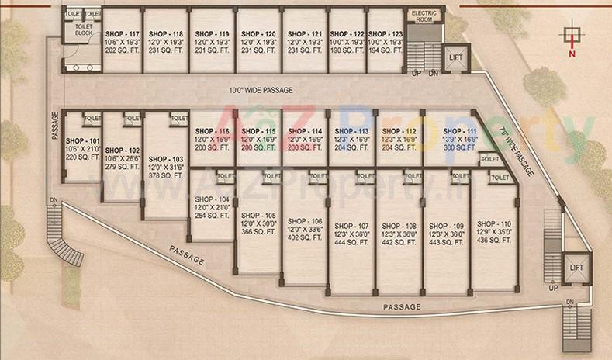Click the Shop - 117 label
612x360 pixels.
(122, 35)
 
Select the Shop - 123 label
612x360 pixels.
(386, 35)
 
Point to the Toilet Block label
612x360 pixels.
(83, 29)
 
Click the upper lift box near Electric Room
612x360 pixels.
(455, 57)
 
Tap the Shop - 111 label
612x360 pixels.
(460, 131)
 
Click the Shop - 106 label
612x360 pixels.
(304, 221)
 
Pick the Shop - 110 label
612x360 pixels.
(494, 223)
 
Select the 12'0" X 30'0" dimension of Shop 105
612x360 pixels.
(258, 223)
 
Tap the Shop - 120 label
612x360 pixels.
(258, 35)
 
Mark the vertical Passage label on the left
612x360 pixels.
(55, 123)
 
